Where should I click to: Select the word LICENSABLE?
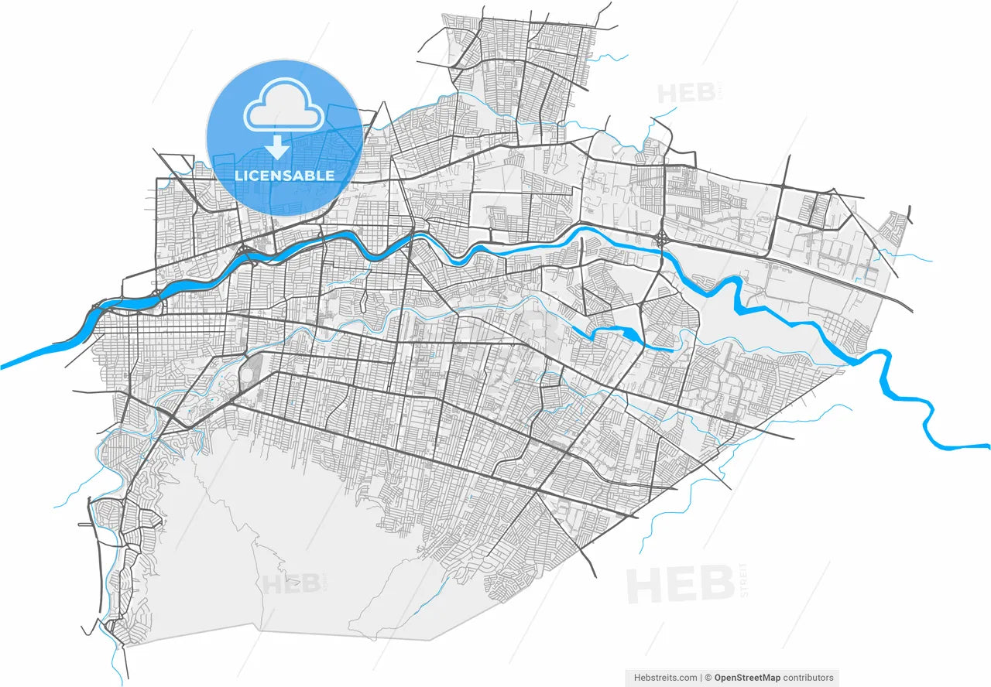284,176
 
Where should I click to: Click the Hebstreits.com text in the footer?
666,678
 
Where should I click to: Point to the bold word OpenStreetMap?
747,678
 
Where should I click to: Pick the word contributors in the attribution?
808,678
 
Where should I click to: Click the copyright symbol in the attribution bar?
709,678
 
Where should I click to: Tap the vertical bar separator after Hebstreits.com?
702,678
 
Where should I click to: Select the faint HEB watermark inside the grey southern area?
292,583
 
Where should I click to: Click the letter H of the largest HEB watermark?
643,586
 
